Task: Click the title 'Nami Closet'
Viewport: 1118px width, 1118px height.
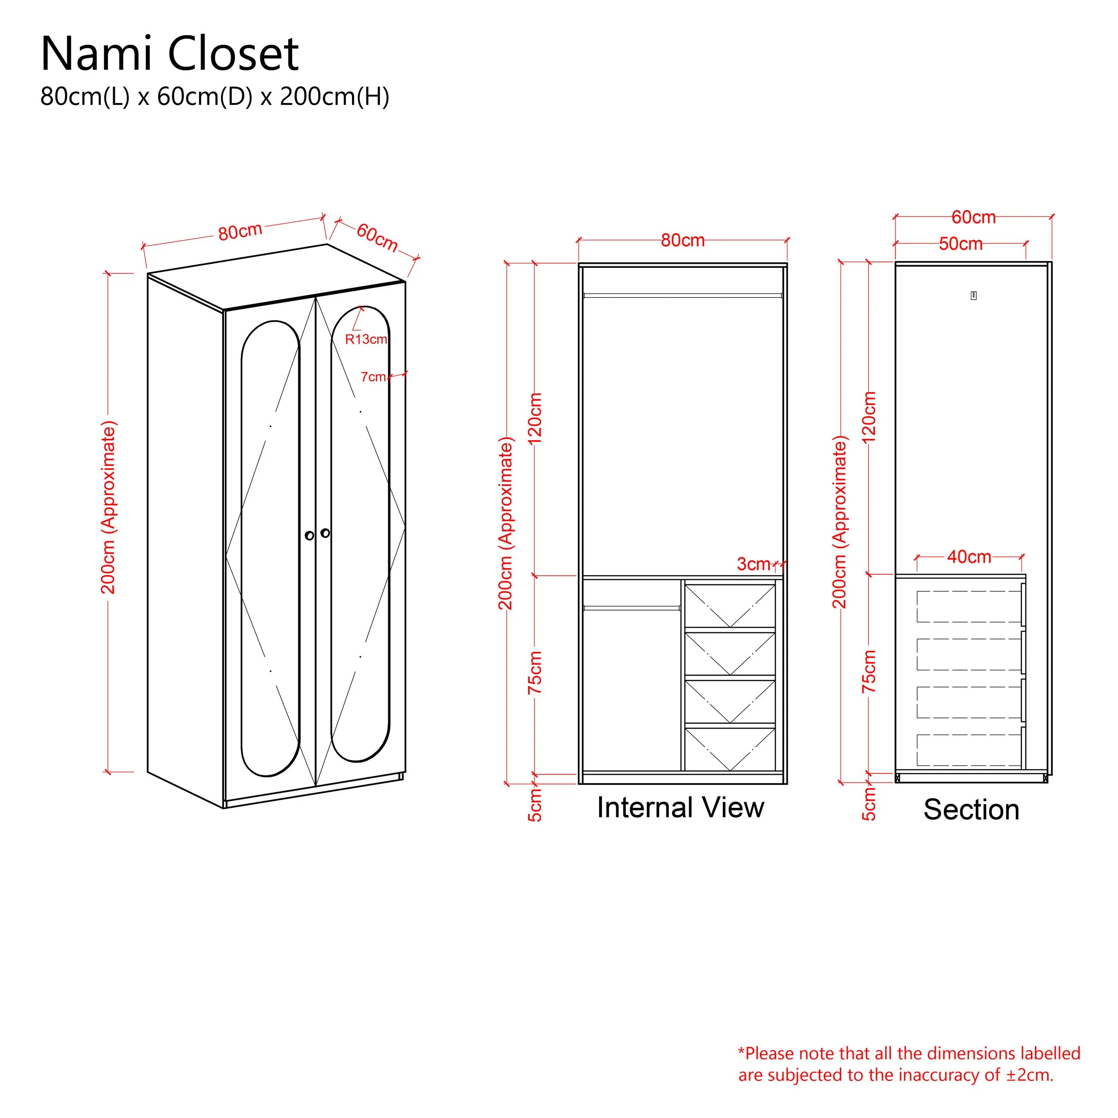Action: click(169, 54)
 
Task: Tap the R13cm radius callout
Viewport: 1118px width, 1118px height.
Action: click(366, 339)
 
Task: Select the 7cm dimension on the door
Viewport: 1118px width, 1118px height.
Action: click(373, 377)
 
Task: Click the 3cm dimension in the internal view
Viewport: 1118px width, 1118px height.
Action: click(753, 564)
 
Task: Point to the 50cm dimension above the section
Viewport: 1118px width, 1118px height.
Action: click(961, 244)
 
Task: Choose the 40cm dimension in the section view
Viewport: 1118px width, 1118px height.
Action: click(969, 557)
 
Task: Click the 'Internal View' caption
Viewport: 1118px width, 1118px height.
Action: click(680, 807)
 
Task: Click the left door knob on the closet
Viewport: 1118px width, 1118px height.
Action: click(310, 535)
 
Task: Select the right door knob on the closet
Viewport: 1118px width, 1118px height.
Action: click(325, 532)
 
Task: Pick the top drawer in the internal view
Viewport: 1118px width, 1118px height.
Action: click(730, 605)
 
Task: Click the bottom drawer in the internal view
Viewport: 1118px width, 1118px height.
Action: click(730, 749)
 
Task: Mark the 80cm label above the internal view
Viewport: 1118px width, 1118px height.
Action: click(683, 240)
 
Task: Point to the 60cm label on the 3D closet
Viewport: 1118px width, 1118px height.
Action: click(377, 237)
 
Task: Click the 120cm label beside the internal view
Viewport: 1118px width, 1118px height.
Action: click(535, 419)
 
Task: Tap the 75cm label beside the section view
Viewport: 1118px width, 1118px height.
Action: click(869, 671)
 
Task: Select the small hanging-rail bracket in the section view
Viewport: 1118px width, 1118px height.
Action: click(973, 296)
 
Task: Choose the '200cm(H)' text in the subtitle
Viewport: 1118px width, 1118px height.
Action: click(335, 97)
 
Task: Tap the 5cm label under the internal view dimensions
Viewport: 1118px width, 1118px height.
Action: click(535, 804)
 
